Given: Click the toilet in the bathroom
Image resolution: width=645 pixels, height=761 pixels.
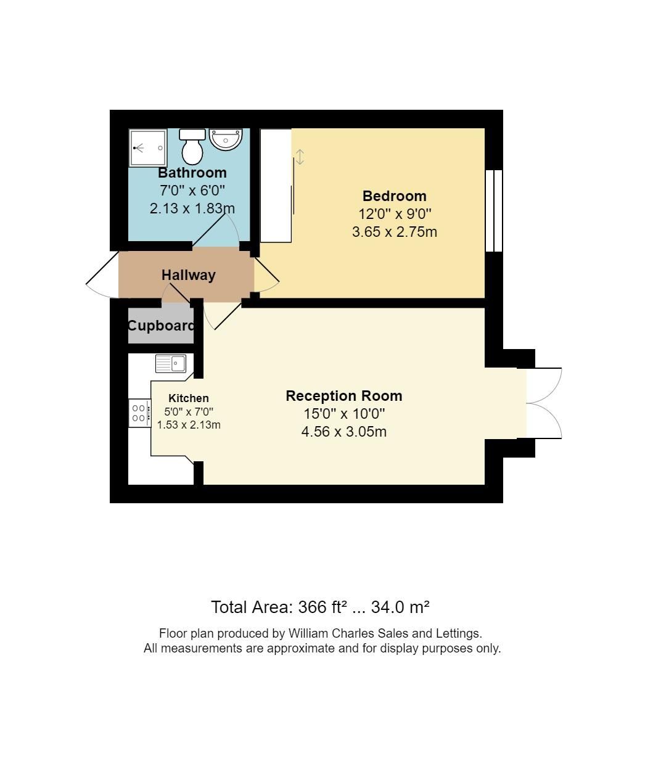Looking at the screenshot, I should coord(192,146).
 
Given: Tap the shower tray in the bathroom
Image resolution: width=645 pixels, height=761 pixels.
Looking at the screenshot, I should coord(148,148).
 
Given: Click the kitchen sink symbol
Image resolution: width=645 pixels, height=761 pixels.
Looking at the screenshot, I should coord(171,364).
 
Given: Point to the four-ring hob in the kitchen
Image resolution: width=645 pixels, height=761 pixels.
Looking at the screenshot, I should coord(139,413).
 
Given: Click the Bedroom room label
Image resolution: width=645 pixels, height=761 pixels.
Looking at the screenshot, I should coord(394,196).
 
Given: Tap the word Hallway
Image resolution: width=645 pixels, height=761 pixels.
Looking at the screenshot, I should coord(188,275).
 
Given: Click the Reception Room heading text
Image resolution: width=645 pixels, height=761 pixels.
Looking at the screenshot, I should coord(343,396).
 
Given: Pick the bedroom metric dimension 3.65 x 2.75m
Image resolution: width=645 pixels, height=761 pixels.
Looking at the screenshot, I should coord(394,232).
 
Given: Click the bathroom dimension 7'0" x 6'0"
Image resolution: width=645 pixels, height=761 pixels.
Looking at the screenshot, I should coord(192,191).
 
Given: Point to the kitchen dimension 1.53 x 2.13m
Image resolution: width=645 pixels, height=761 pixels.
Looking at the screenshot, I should coord(189,425).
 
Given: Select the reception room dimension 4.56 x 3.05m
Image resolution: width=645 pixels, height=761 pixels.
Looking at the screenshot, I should coord(343,432).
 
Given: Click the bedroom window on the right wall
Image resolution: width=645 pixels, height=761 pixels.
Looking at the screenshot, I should coord(494,211).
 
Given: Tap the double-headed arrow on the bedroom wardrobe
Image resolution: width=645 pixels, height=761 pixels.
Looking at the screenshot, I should coord(300,157).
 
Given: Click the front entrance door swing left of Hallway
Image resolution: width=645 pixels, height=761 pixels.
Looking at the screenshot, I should coord(102,275).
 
